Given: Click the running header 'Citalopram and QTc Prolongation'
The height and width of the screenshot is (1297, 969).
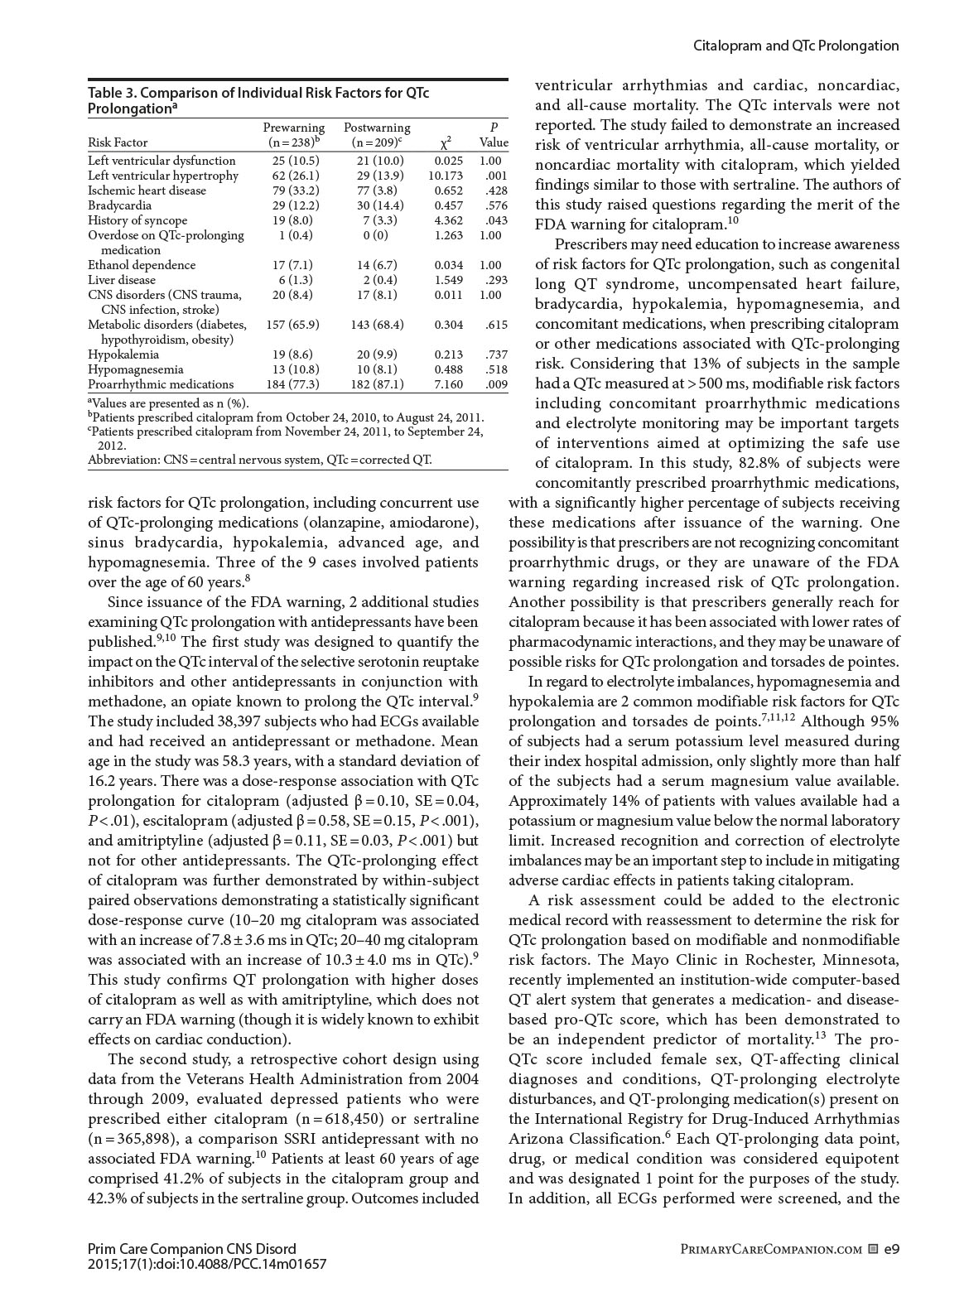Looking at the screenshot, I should pos(795,46).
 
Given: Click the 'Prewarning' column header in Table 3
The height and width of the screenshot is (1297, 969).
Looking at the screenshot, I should pos(294,128).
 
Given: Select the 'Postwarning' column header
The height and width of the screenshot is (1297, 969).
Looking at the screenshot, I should pos(377,128).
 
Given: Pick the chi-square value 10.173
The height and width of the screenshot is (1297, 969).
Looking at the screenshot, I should pos(446,176).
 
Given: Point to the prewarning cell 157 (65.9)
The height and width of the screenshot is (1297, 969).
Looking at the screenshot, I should pos(292,325).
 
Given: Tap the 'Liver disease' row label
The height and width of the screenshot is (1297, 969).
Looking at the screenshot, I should pos(122,280).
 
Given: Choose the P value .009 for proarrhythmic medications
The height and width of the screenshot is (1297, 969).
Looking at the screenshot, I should pos(496,384).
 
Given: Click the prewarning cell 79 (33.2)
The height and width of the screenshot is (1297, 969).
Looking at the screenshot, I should pos(294,190).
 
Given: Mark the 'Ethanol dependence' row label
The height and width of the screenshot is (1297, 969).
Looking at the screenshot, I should pos(142,265).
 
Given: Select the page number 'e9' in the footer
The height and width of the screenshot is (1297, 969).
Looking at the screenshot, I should pos(891,1248).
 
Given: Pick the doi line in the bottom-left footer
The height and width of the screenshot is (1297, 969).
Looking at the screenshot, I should pos(207,1264).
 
